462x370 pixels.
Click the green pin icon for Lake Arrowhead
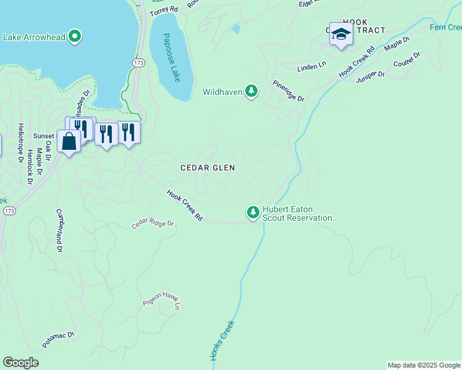(75, 36)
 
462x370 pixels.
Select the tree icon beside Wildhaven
(251, 92)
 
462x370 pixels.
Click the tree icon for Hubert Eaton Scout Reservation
(253, 213)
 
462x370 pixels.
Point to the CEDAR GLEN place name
(208, 168)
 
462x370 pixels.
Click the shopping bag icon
(69, 141)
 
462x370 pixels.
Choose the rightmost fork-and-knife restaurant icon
(128, 132)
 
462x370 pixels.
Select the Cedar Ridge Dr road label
(153, 223)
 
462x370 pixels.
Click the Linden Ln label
(311, 66)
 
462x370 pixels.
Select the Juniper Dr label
(370, 75)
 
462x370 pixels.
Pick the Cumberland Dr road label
(60, 229)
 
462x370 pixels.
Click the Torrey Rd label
(164, 10)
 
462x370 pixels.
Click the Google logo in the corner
(20, 362)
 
